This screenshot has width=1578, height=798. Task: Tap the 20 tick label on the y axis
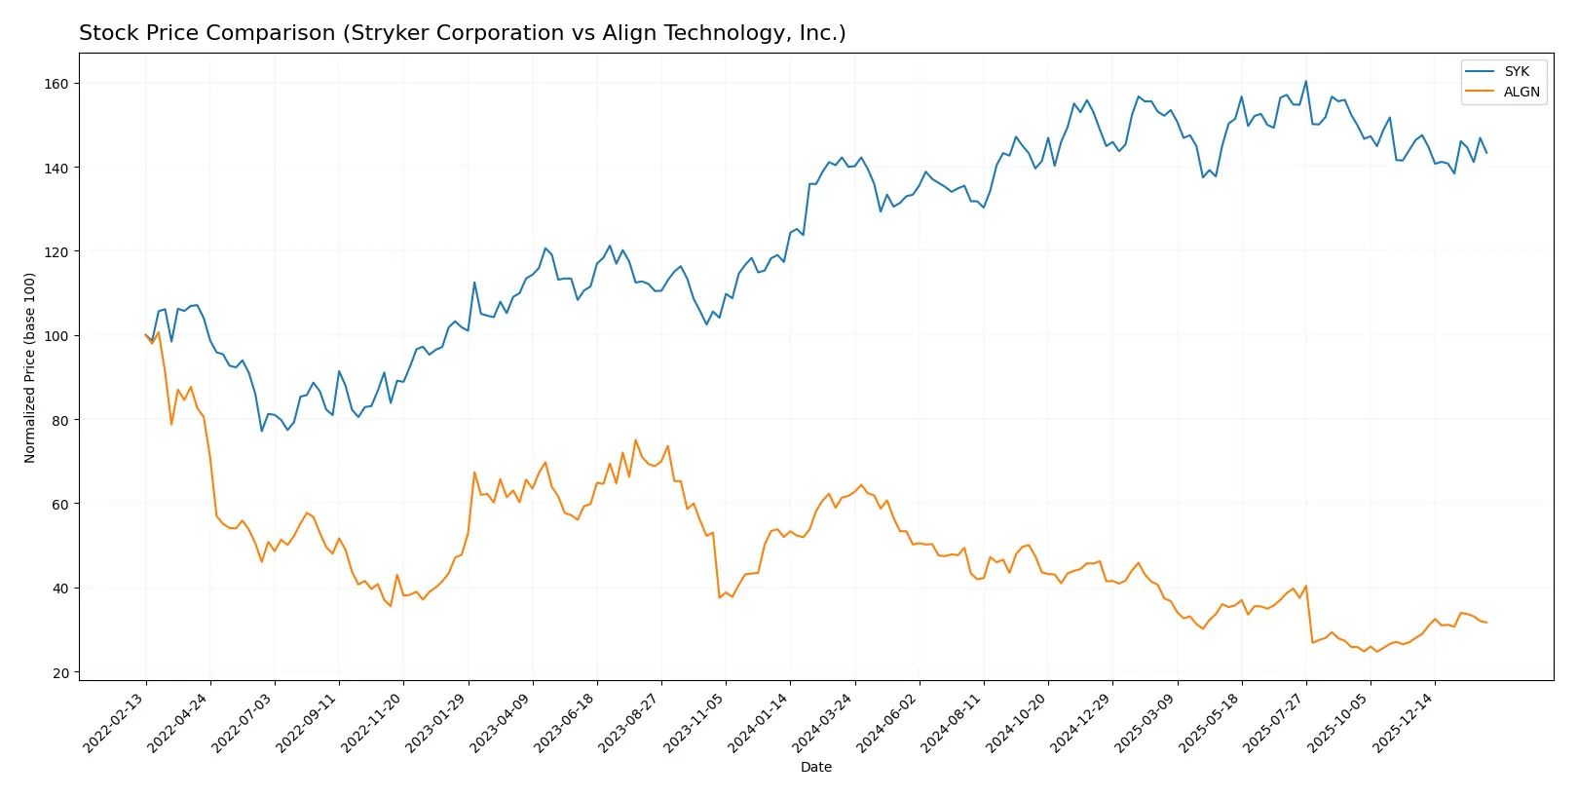(x=60, y=672)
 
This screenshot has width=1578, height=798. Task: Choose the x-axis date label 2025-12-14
(x=1404, y=722)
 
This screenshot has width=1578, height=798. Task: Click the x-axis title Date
(x=815, y=767)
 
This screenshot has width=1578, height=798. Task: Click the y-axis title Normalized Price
(x=30, y=367)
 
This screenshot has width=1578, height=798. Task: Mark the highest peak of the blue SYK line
(x=1305, y=82)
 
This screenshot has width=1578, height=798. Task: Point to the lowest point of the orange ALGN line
(x=1364, y=651)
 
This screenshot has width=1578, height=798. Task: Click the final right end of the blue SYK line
(x=1486, y=153)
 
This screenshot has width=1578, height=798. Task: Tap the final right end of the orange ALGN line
(x=1486, y=623)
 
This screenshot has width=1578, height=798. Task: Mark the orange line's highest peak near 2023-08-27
(x=636, y=440)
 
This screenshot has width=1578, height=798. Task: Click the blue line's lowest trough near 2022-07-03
(x=262, y=431)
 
